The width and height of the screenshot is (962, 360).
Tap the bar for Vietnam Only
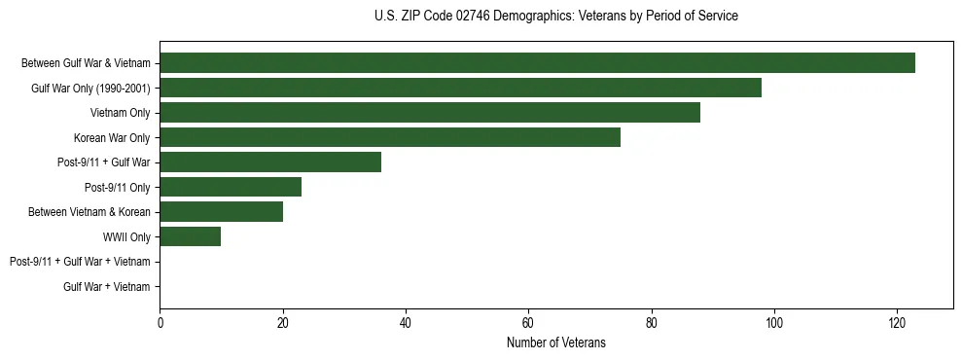pyautogui.click(x=429, y=113)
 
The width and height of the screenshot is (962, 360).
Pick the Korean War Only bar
pyautogui.click(x=389, y=137)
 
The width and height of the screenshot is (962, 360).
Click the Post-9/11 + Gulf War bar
pyautogui.click(x=269, y=162)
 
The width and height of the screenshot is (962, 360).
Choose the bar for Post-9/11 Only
pyautogui.click(x=230, y=187)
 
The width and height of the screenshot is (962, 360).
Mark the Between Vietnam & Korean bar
pyautogui.click(x=221, y=212)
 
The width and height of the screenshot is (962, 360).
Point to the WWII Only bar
pyautogui.click(x=190, y=236)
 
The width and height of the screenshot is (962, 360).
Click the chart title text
pyautogui.click(x=555, y=17)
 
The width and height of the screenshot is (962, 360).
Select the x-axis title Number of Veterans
pyautogui.click(x=555, y=342)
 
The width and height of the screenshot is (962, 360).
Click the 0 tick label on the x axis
pyautogui.click(x=160, y=322)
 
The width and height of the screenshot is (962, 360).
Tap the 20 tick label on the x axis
pyautogui.click(x=282, y=322)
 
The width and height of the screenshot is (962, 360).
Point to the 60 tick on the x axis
pyautogui.click(x=528, y=322)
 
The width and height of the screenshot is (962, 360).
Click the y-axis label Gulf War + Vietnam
pyautogui.click(x=106, y=286)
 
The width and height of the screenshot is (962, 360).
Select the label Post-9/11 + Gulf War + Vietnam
pyautogui.click(x=79, y=262)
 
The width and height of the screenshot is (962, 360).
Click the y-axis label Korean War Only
pyautogui.click(x=112, y=137)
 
